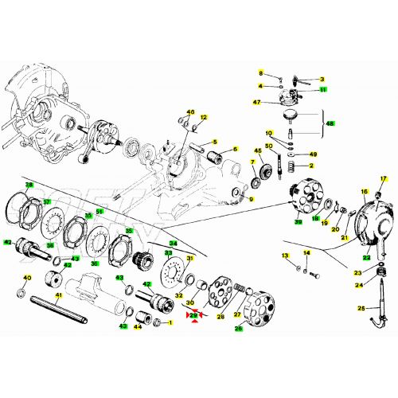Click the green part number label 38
(x=29, y=185)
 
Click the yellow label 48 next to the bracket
(x=331, y=123)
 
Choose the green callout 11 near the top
(x=322, y=90)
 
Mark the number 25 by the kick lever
(x=361, y=308)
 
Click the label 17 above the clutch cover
(x=382, y=179)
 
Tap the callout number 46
(x=190, y=112)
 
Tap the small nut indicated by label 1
(x=157, y=322)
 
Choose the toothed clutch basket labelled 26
(x=259, y=310)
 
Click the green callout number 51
(x=100, y=211)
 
